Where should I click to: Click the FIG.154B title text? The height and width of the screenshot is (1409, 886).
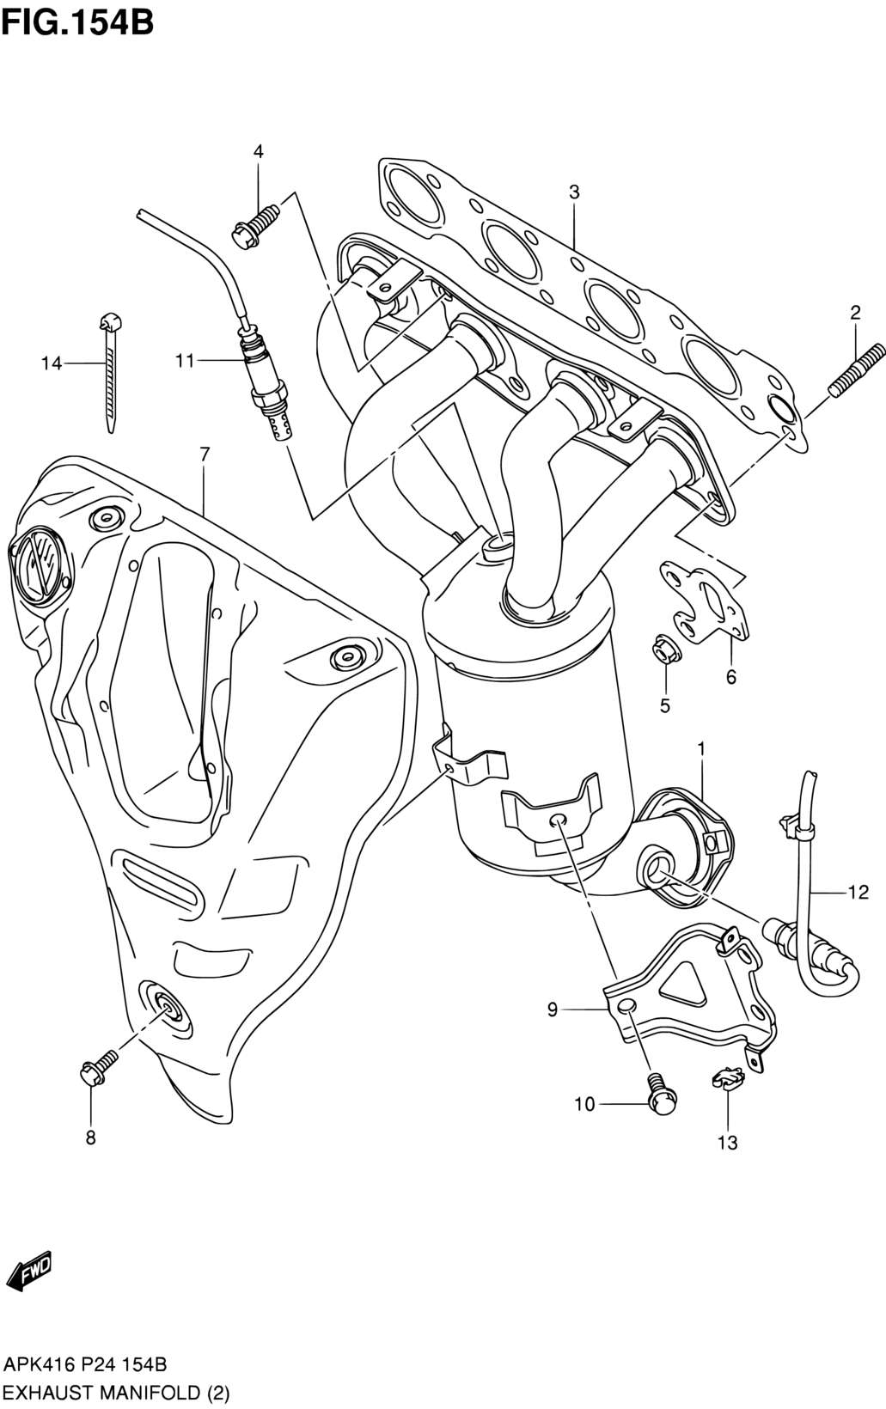(x=77, y=23)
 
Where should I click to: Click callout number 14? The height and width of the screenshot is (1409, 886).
(x=52, y=363)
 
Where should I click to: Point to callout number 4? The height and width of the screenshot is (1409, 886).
(x=258, y=151)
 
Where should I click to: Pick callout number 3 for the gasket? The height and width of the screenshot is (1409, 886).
(x=574, y=192)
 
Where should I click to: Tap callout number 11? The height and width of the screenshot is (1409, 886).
(x=185, y=361)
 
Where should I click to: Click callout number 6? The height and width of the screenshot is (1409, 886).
(x=730, y=678)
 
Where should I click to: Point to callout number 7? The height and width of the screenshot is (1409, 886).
(x=205, y=454)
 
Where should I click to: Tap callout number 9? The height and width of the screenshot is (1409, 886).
(x=552, y=1009)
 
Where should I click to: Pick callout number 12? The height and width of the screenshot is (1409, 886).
(x=859, y=892)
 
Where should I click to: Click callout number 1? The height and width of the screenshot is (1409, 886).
(x=700, y=749)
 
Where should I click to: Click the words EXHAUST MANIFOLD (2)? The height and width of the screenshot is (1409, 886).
(x=116, y=1393)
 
